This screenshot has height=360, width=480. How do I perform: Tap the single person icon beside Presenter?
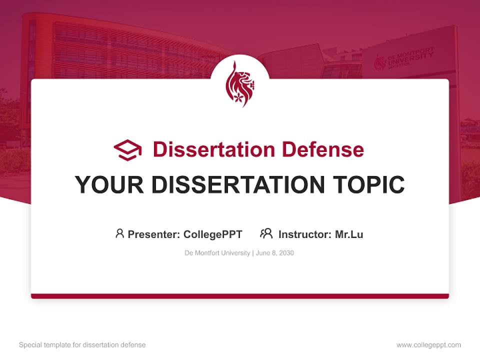click(119, 233)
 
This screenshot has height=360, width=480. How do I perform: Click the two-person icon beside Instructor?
click(266, 233)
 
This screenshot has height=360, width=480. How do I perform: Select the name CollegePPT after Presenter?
click(213, 234)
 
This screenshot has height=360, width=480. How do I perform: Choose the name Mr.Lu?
click(349, 234)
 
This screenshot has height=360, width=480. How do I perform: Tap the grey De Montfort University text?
click(217, 253)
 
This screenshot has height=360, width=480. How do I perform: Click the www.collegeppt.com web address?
click(428, 345)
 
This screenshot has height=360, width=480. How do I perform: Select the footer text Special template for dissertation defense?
click(82, 345)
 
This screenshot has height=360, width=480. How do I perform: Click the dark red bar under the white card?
click(240, 296)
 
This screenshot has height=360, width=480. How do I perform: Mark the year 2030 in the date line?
click(286, 253)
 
